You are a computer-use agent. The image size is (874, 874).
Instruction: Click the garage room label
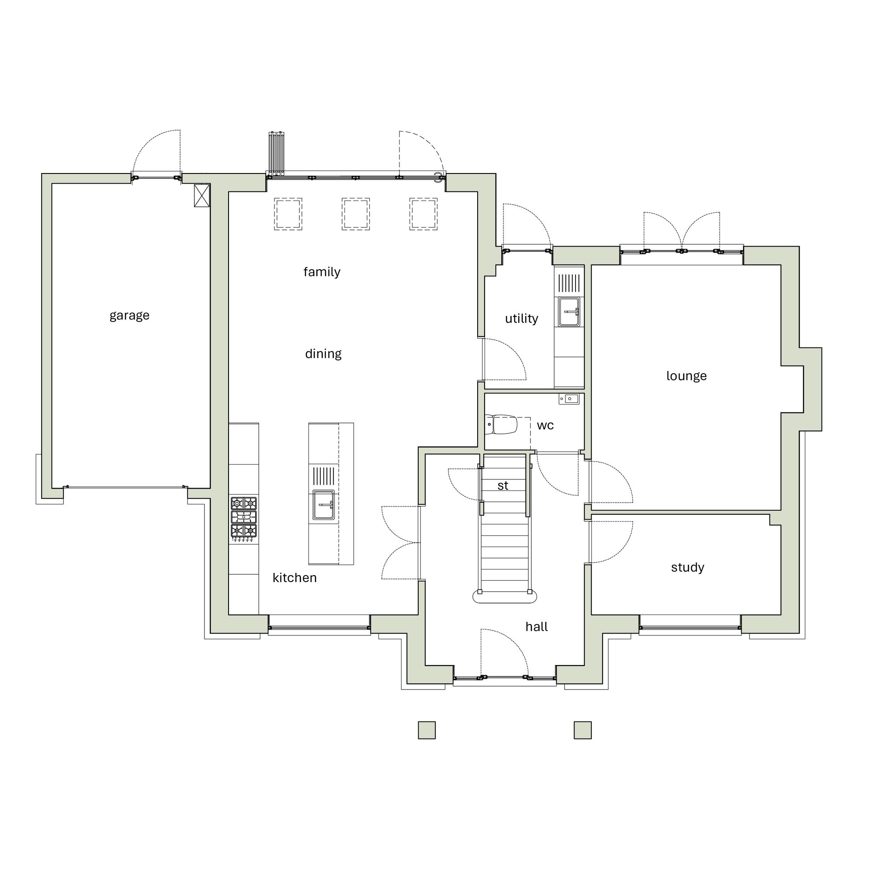[x=129, y=316]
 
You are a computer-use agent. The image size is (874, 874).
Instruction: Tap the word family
[x=322, y=272]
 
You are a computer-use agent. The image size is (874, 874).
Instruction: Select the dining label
[x=323, y=354]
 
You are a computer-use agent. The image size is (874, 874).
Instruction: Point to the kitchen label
[x=295, y=578]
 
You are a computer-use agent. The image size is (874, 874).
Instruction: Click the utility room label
[x=521, y=319]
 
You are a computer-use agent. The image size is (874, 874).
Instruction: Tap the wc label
[x=545, y=425]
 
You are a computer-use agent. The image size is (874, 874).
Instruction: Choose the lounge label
[x=686, y=376]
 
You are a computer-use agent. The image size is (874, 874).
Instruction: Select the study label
[x=687, y=567]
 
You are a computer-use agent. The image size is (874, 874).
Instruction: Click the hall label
[x=537, y=627]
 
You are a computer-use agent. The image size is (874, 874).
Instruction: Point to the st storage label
[x=503, y=486]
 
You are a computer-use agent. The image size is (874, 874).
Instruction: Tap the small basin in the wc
[x=569, y=399]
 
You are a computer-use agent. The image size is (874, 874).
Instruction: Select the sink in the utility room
[x=569, y=312]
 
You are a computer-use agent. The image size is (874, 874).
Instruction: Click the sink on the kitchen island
[x=323, y=504]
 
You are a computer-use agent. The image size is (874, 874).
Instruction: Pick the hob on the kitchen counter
[x=244, y=517]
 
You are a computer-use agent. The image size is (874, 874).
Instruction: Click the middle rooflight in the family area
[x=356, y=214]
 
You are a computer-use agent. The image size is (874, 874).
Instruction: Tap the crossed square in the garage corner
[x=202, y=195]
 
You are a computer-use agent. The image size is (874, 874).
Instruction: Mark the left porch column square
[x=427, y=730]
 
